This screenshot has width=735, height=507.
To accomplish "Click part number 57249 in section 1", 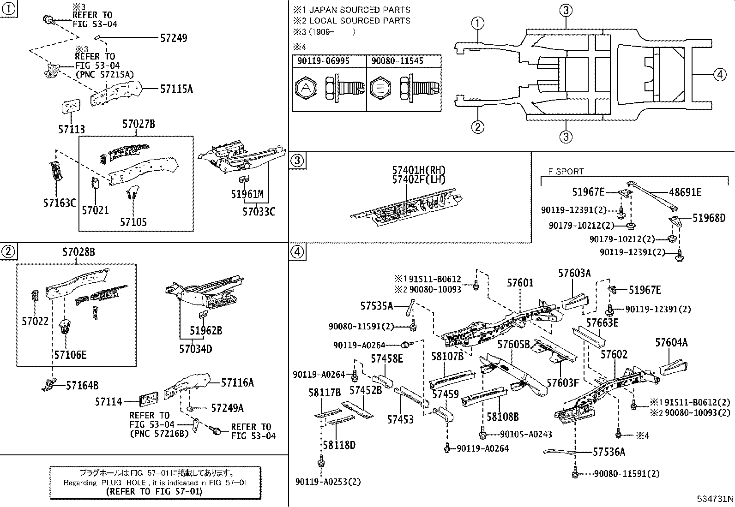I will [x=174, y=38].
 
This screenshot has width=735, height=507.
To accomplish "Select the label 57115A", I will [x=176, y=89].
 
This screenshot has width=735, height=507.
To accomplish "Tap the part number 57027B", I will [x=139, y=124].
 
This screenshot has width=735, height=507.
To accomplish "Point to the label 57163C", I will [x=60, y=203].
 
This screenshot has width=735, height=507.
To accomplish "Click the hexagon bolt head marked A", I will [x=306, y=88].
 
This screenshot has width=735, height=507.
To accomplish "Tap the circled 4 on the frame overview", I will [x=719, y=74].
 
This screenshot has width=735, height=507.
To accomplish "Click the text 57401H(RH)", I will [x=419, y=171].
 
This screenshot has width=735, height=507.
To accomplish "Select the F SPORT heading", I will [x=566, y=172].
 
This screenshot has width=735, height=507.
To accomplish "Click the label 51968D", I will [x=709, y=218].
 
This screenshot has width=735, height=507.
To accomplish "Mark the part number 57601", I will [x=520, y=282].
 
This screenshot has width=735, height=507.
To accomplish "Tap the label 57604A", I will [x=671, y=342].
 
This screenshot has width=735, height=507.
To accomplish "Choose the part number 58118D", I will [x=339, y=445].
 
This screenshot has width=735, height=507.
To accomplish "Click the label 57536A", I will [x=608, y=452].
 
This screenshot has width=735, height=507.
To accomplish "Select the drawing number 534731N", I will [x=715, y=499].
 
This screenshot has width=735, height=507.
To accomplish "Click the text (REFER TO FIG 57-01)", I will [x=154, y=492].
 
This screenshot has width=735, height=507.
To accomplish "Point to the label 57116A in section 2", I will [x=237, y=382].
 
